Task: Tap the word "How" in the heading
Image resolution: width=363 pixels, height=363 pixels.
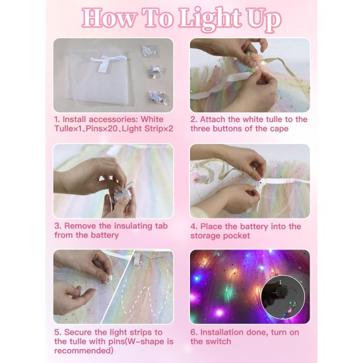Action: point(108,19)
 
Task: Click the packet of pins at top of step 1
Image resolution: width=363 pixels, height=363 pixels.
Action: point(151,51)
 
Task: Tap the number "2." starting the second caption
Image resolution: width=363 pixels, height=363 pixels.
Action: point(194,119)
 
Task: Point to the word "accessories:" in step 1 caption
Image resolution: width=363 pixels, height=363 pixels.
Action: point(115,119)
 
